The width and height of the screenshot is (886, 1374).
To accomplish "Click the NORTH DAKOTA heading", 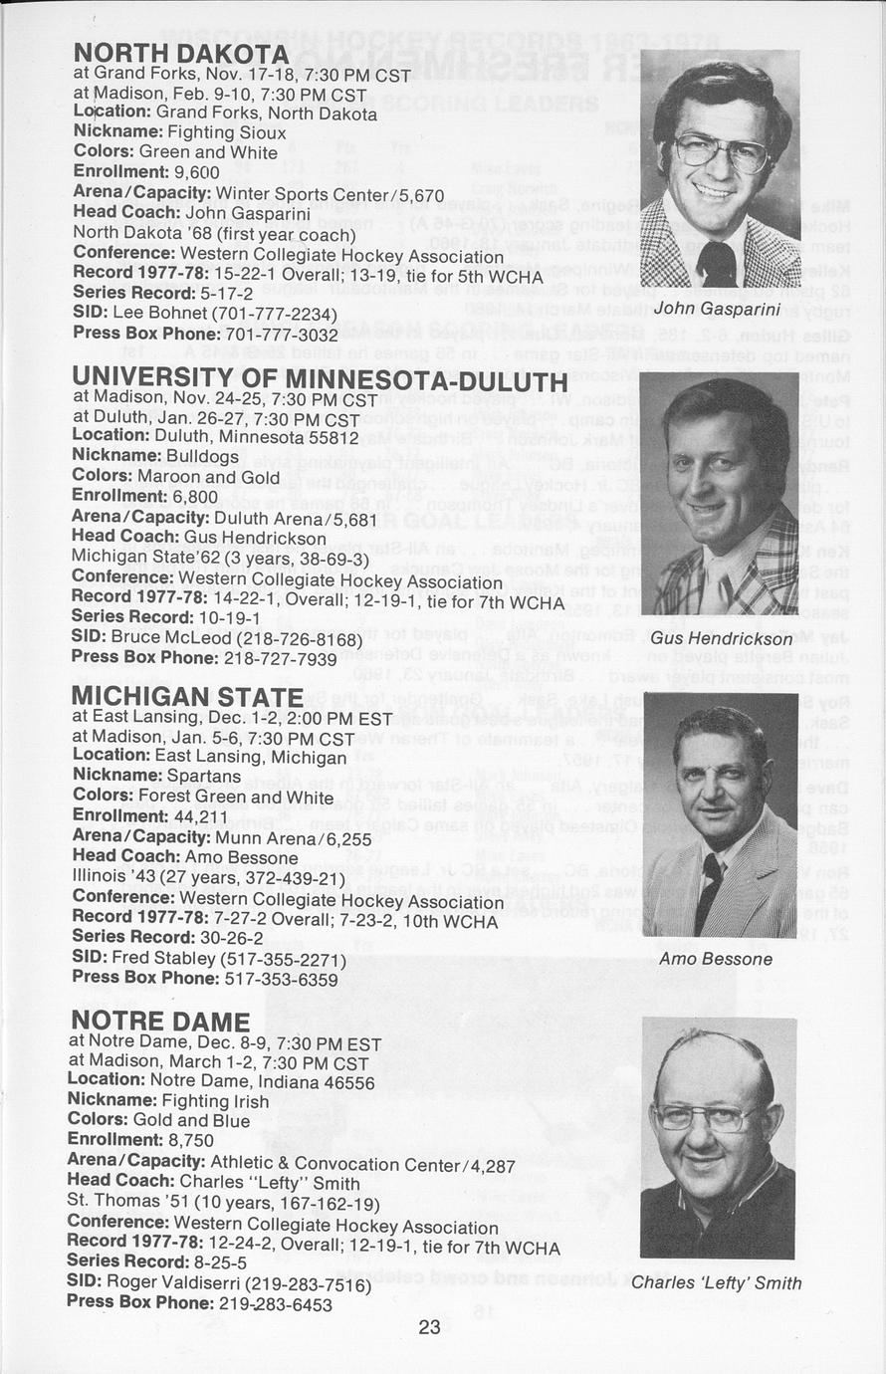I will pos(180,53).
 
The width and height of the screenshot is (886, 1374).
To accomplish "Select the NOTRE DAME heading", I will pos(160,1022).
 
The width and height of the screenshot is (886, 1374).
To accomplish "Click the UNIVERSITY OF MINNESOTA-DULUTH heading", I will pos(320,379).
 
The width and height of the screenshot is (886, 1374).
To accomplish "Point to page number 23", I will pos(429,1326).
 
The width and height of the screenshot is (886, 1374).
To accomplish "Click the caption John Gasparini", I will pos(717,309).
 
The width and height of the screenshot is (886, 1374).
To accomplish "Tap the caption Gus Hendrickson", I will pos(722,638).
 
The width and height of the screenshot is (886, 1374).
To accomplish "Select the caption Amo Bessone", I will pos(716,959).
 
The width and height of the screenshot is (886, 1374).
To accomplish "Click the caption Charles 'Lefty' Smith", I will pos(717,1282).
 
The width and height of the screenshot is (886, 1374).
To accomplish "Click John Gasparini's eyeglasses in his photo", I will pos(721,152).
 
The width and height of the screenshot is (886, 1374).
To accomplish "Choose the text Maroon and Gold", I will pos(209,476).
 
